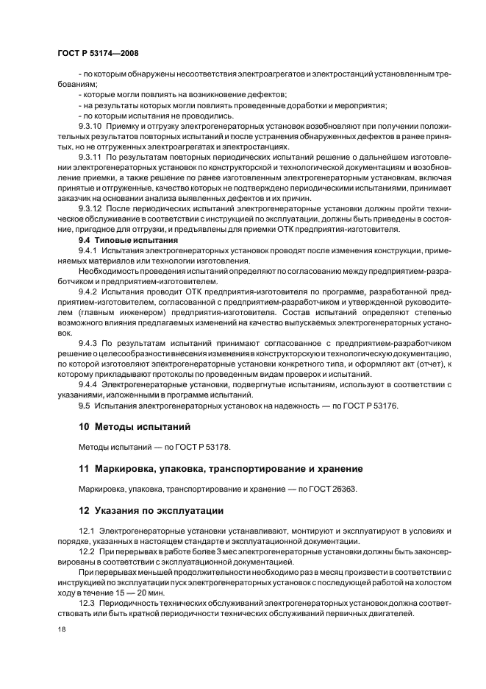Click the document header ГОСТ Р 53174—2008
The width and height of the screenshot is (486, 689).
pos(97,54)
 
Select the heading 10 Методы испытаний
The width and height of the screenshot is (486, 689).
pos(135,426)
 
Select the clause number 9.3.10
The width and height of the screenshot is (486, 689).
pos(91,127)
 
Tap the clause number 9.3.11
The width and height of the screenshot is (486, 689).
pos(91,158)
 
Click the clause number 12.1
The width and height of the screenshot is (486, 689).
pos(87,530)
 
